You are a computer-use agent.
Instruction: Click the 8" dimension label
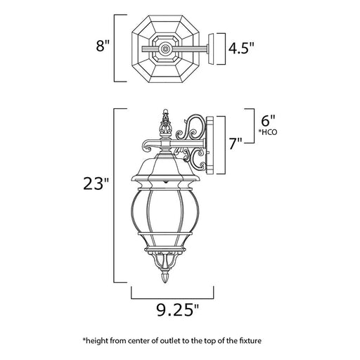103,46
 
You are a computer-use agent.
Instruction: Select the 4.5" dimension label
241,49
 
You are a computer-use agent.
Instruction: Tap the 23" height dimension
96,184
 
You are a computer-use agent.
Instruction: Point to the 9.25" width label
177,310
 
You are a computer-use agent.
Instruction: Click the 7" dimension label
236,143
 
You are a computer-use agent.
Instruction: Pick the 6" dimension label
269,121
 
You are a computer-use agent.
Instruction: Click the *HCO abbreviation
267,132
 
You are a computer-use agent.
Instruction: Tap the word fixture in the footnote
250,340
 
